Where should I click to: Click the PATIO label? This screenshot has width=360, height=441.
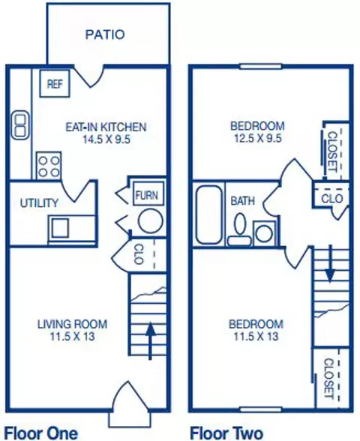(105, 34)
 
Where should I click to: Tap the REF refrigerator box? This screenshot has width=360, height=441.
(55, 83)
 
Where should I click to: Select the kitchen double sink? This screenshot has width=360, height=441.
(20, 124)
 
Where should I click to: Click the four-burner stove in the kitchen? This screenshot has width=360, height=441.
(49, 166)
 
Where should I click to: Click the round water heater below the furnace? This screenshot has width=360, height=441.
(150, 220)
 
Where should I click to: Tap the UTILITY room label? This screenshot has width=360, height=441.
(39, 202)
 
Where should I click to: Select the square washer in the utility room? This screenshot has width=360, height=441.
(60, 228)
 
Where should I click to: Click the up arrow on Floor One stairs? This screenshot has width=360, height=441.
(151, 340)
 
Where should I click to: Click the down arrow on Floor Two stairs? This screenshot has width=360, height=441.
(330, 263)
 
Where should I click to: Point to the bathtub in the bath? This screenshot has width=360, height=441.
(209, 214)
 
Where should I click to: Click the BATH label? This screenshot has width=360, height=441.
(242, 201)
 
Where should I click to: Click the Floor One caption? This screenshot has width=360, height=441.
(41, 433)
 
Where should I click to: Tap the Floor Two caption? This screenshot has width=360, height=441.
(226, 433)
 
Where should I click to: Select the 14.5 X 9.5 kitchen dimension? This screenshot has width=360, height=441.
(106, 139)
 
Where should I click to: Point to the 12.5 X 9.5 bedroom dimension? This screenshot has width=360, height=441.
(258, 138)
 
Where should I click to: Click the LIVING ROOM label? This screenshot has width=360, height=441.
(72, 324)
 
